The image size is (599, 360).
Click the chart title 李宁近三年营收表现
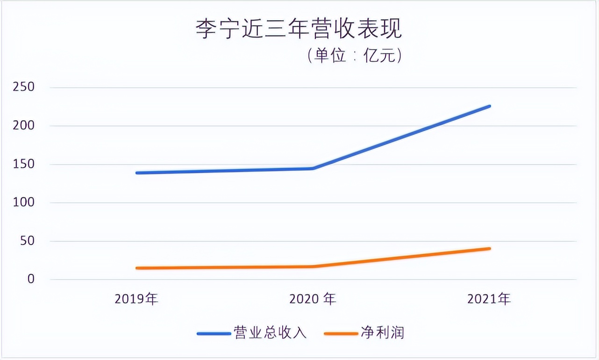[x=299, y=29]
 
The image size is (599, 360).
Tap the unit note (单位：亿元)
[x=355, y=56]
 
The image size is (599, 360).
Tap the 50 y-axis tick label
[x=27, y=241]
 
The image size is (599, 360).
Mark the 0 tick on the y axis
[x=31, y=280]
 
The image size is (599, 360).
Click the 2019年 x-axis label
[x=136, y=299]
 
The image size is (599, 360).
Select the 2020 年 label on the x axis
[x=313, y=299]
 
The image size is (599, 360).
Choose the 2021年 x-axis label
[x=489, y=299]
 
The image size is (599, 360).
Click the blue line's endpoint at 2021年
[x=489, y=106]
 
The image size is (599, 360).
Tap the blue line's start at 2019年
[x=137, y=173]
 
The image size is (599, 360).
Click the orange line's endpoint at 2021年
[x=489, y=248]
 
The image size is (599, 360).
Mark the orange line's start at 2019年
[x=137, y=268]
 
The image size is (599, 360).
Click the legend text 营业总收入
[x=270, y=333]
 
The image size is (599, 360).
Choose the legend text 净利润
[x=382, y=333]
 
